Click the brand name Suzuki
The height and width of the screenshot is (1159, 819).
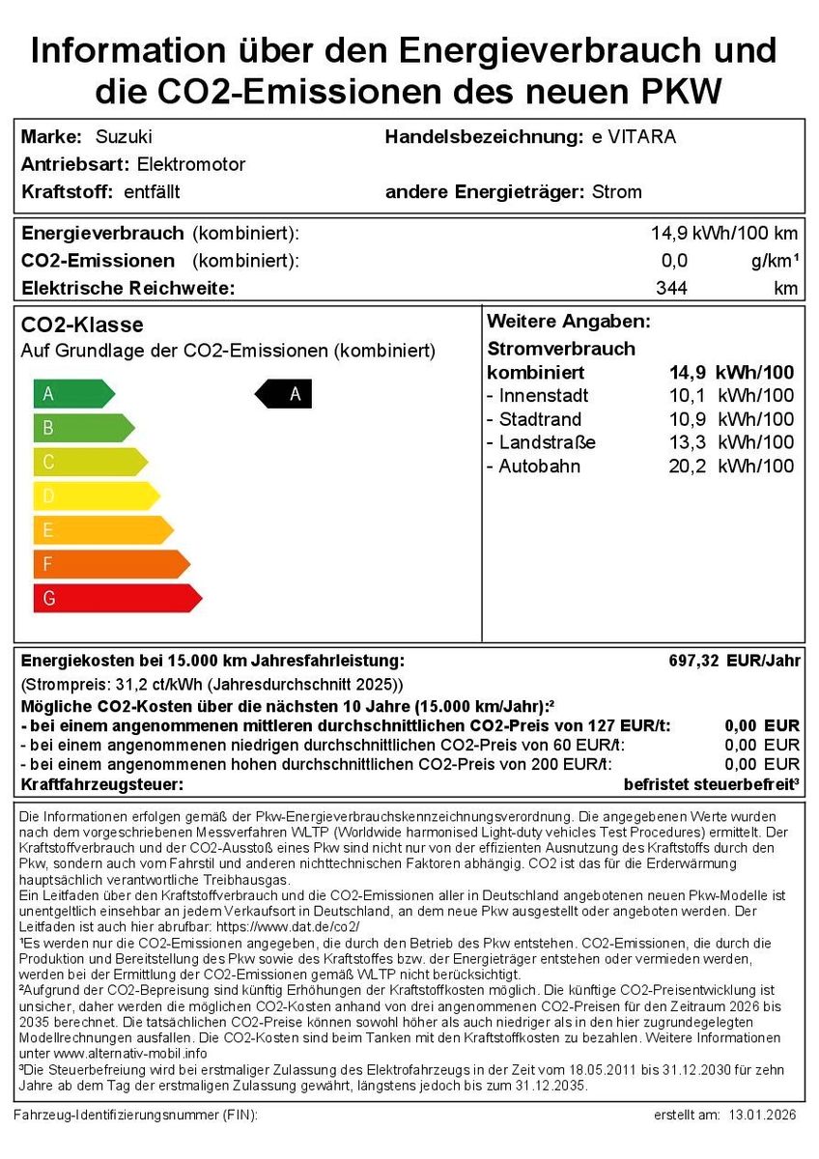[x=124, y=137]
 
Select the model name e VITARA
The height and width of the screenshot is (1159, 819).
[x=634, y=137]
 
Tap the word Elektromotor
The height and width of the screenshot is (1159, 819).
[x=191, y=164]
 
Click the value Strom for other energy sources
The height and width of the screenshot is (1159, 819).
[x=616, y=191]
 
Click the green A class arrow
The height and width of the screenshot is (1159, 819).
[x=72, y=394]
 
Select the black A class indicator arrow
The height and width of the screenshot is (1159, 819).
[x=284, y=394]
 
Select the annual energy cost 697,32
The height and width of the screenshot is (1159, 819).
[x=693, y=661]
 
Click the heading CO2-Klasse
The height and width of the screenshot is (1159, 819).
[x=82, y=325]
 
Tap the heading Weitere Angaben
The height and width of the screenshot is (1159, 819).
[x=569, y=322]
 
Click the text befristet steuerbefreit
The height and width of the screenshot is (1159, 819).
[x=710, y=784]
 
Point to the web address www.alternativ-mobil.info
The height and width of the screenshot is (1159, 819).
[x=113, y=1053]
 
